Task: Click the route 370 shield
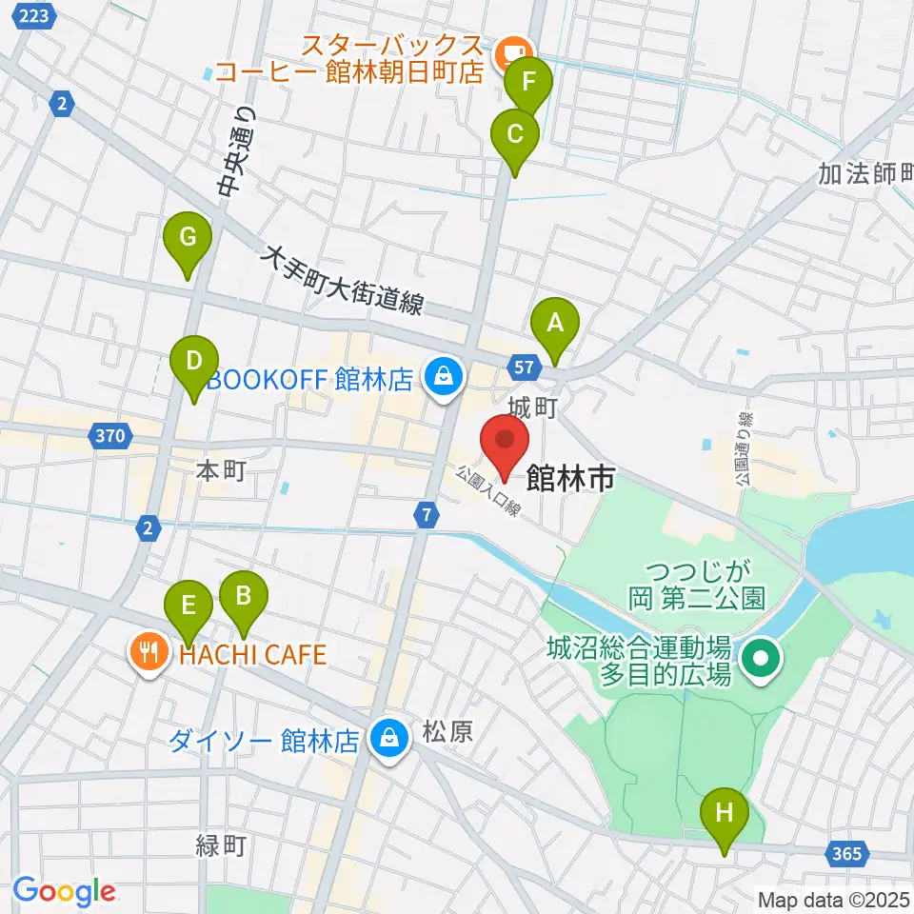(x=110, y=437)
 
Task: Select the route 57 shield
(x=527, y=365)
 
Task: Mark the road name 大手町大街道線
(x=343, y=281)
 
